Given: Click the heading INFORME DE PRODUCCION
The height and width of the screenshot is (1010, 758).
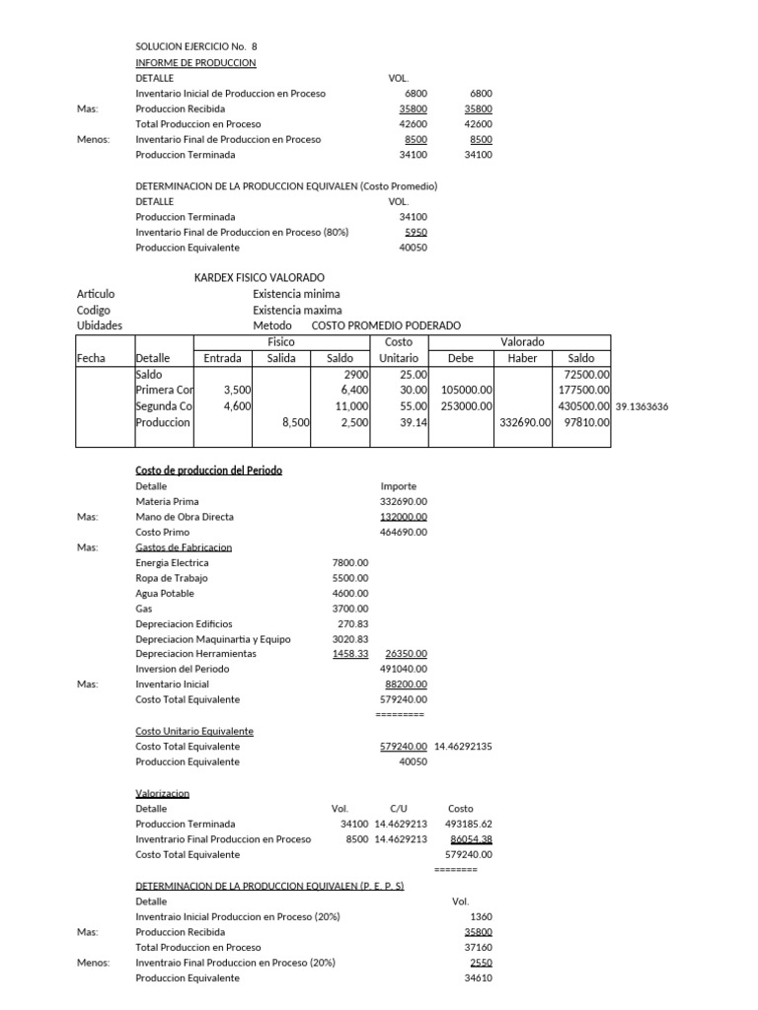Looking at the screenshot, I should point(195,62).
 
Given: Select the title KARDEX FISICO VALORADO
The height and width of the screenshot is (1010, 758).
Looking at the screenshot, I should point(260,278).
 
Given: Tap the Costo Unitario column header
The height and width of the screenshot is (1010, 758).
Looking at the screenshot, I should point(399,350).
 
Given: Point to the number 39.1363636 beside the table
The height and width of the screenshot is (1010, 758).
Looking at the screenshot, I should point(649,406).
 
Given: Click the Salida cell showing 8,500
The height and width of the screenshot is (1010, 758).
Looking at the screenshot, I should point(295,422).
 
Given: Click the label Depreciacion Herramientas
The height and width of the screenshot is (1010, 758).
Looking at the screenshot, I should point(195,654).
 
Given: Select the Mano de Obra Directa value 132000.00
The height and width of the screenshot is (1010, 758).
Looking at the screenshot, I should point(403,517).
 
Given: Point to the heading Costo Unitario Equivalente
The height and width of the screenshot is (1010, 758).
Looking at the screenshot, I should point(194,731).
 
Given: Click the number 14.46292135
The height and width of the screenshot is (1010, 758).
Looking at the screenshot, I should point(462,747).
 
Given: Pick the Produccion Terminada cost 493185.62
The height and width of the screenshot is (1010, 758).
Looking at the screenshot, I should point(469,824).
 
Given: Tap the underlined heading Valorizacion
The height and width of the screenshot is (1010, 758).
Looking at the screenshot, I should point(162,793).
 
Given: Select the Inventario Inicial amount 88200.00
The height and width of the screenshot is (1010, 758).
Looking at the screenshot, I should point(405,684).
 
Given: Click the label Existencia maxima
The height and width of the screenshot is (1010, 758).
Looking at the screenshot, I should point(296,310).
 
